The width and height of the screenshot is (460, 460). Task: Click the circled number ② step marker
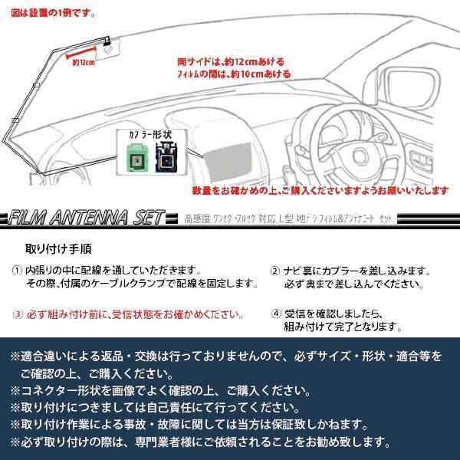[275, 271]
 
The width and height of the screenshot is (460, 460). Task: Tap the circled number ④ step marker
[275, 314]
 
